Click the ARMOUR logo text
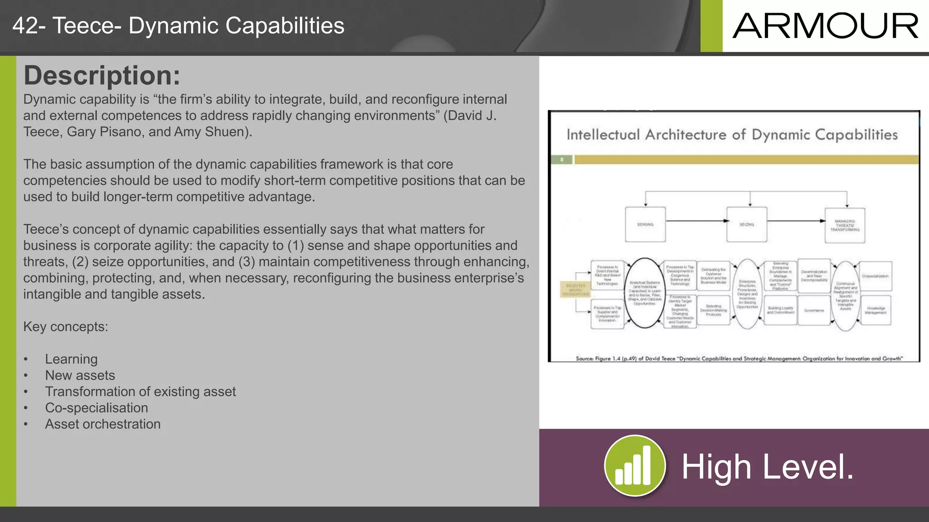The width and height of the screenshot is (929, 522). [825, 26]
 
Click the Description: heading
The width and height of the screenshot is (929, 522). [102, 75]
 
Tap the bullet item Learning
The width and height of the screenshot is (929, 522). [71, 359]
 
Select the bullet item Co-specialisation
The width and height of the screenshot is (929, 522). [96, 408]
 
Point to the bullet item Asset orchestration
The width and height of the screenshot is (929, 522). [103, 424]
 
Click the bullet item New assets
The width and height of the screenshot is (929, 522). [80, 375]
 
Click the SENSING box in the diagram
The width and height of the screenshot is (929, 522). [645, 225]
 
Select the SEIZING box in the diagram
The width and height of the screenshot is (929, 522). [747, 225]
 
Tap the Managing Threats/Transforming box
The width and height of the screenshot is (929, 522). [845, 226]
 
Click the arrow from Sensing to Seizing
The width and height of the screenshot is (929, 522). [696, 221]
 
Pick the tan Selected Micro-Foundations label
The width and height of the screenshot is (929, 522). [576, 290]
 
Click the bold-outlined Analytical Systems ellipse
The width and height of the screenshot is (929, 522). [645, 293]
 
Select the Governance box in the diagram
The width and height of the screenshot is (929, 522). [814, 310]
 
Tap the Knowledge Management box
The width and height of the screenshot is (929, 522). [875, 310]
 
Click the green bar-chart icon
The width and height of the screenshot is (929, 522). [635, 466]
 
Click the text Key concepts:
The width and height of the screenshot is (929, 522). [66, 327]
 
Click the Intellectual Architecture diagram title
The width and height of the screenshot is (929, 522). [732, 135]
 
